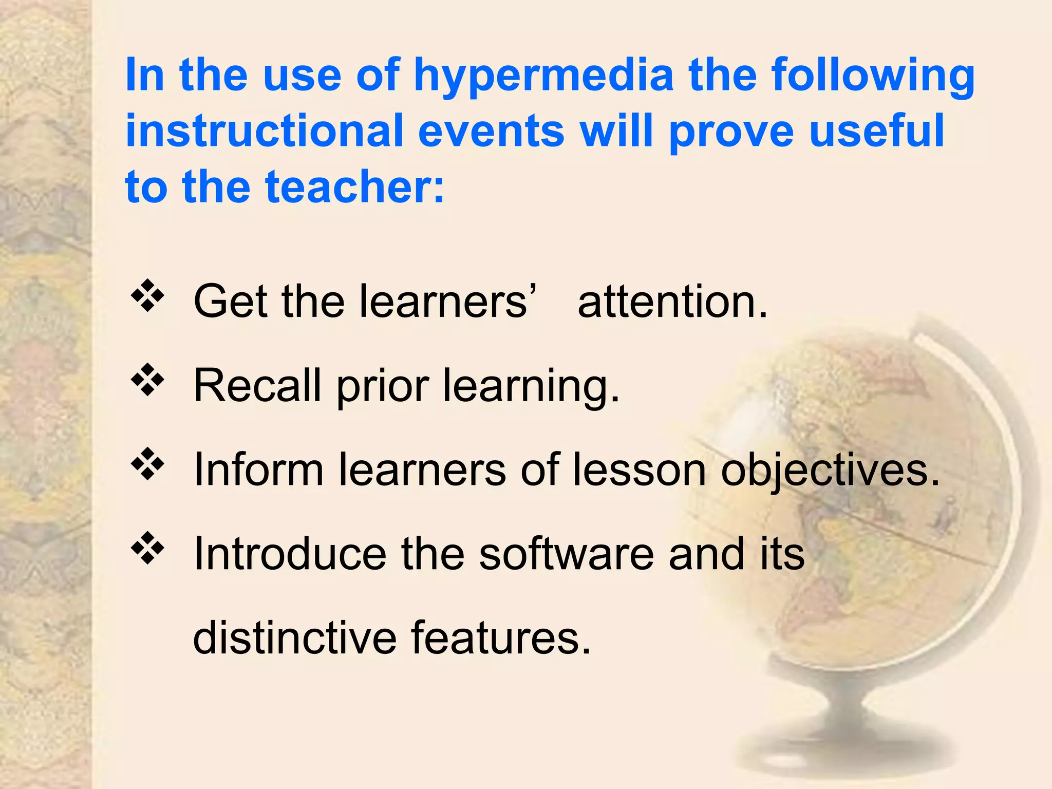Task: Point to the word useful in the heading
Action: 876,130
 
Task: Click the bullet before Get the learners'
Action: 147,296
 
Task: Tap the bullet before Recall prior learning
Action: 147,380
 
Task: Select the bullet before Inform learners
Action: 147,464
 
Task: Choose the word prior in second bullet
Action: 383,386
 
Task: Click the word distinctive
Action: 295,638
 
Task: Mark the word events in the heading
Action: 491,130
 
